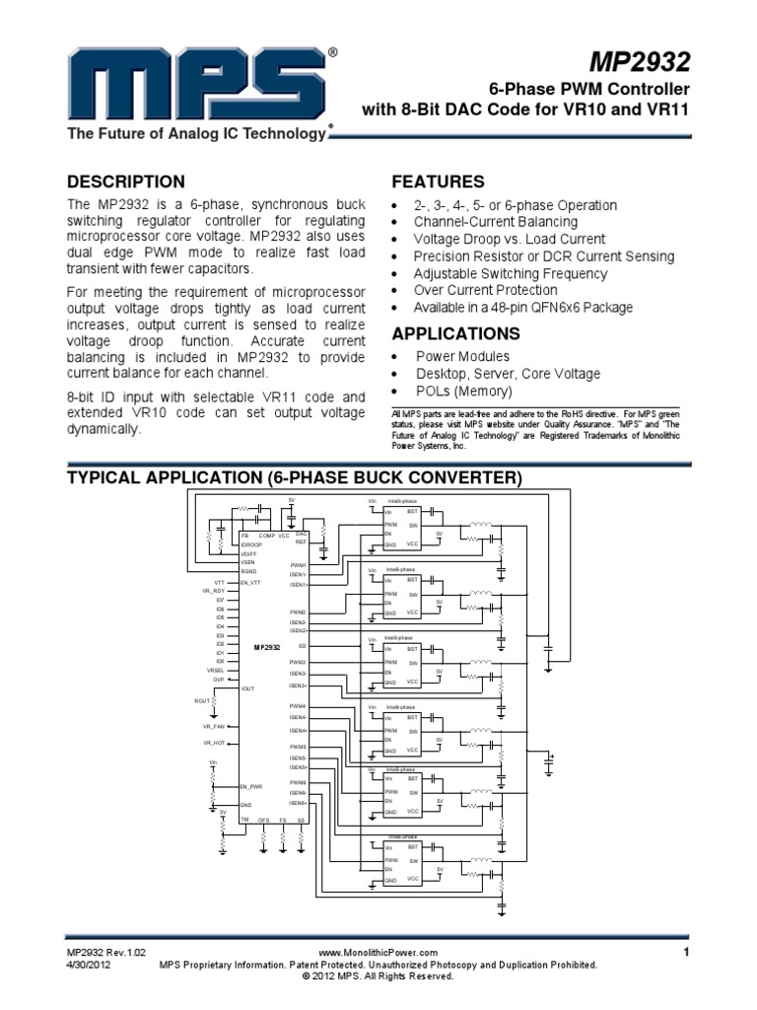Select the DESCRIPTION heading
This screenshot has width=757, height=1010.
(x=125, y=181)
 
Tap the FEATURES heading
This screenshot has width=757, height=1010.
(x=438, y=181)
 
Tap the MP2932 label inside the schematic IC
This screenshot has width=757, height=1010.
(x=267, y=647)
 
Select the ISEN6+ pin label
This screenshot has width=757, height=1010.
(x=299, y=803)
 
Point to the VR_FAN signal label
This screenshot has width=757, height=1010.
(x=214, y=726)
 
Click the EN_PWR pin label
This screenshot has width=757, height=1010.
(x=251, y=786)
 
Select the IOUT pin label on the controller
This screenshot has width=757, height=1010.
(x=248, y=689)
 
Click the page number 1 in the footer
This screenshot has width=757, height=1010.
(x=683, y=951)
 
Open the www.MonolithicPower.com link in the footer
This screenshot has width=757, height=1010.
(x=378, y=952)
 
